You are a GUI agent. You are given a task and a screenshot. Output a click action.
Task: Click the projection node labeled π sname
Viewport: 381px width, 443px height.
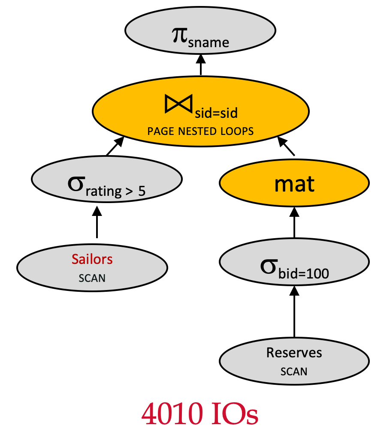200,36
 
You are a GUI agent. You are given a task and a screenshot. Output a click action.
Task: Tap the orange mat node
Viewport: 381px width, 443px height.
294,184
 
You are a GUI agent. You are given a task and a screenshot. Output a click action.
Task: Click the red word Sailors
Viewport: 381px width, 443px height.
92,260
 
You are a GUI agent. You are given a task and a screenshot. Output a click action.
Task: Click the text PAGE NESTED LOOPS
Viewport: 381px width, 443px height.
200,131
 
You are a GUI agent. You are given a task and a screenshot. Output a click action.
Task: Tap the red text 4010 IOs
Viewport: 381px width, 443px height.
200,414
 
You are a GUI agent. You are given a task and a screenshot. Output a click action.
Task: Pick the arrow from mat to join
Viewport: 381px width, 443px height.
287,147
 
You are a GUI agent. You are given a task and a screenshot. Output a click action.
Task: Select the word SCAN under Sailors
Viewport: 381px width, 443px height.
92,278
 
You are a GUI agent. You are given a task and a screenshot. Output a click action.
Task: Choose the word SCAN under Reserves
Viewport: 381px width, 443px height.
294,371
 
